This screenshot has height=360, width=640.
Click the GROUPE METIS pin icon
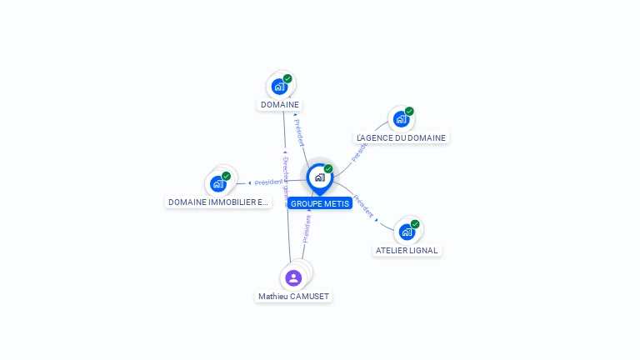pyautogui.click(x=319, y=177)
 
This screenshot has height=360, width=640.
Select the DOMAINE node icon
pyautogui.click(x=279, y=86)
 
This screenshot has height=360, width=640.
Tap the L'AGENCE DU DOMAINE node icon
pyautogui.click(x=401, y=119)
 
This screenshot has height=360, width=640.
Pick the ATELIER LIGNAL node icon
pyautogui.click(x=407, y=231)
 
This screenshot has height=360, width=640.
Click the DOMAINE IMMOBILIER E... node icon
pyautogui.click(x=218, y=183)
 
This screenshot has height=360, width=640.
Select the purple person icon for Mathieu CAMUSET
pyautogui.click(x=293, y=277)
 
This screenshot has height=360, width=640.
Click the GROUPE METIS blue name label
pyautogui.click(x=320, y=203)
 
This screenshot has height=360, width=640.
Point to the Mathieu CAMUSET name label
pyautogui.click(x=293, y=297)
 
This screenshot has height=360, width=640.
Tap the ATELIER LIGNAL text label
pyautogui.click(x=407, y=250)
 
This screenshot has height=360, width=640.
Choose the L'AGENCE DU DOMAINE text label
pyautogui.click(x=401, y=138)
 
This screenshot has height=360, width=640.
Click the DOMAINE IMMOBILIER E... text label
pyautogui.click(x=218, y=202)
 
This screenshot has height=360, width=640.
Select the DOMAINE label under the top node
pyautogui.click(x=280, y=105)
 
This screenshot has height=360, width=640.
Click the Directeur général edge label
pyautogui.click(x=285, y=179)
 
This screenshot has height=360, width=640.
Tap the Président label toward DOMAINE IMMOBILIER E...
pyautogui.click(x=268, y=182)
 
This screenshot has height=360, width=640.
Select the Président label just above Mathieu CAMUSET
pyautogui.click(x=307, y=228)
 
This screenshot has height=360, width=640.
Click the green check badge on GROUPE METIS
pyautogui.click(x=328, y=169)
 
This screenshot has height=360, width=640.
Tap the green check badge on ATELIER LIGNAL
pyautogui.click(x=415, y=223)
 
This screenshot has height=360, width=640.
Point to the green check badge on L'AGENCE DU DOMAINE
pyautogui.click(x=409, y=112)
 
